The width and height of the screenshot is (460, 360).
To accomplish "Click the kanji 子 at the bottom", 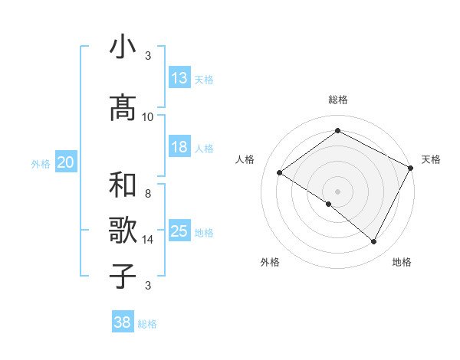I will pyautogui.click(x=123, y=275).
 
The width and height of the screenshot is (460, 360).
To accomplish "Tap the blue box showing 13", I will pyautogui.click(x=179, y=78).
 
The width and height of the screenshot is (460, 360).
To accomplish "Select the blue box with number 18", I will pyautogui.click(x=179, y=147).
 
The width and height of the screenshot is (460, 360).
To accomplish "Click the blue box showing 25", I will pyautogui.click(x=179, y=231).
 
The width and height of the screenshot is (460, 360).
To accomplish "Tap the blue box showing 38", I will pyautogui.click(x=123, y=322).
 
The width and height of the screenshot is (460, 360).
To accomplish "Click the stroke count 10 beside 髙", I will pyautogui.click(x=148, y=117).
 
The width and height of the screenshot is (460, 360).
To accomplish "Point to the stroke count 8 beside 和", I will pyautogui.click(x=148, y=194).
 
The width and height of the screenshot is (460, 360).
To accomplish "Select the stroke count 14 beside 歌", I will pyautogui.click(x=148, y=240).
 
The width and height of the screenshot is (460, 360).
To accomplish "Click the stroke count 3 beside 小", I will pyautogui.click(x=148, y=56).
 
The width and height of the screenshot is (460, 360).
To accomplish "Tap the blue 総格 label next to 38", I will pyautogui.click(x=148, y=324).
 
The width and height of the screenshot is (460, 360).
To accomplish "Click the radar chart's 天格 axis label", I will pyautogui.click(x=431, y=159).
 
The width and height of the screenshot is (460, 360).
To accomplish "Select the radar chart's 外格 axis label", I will pyautogui.click(x=270, y=262).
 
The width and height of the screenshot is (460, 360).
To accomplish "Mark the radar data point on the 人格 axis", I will pyautogui.click(x=280, y=172).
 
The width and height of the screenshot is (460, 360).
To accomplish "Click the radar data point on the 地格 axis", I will pyautogui.click(x=374, y=242).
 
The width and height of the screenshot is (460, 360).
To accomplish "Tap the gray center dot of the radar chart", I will pyautogui.click(x=337, y=191).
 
